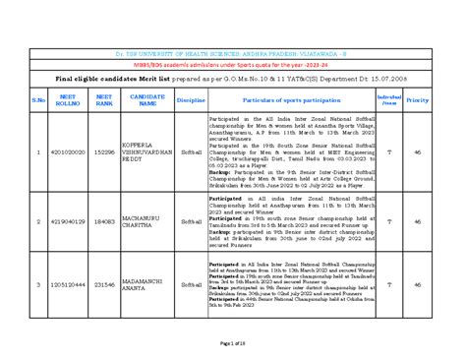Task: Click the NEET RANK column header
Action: (x=104, y=99)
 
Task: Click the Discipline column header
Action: (x=191, y=99)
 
